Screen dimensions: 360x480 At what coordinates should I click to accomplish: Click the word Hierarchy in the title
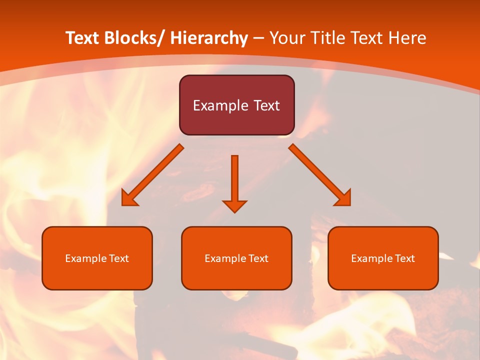click(x=209, y=38)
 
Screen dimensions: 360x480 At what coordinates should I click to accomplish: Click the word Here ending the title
click(x=407, y=38)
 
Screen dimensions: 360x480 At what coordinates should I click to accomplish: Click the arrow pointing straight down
click(x=234, y=180)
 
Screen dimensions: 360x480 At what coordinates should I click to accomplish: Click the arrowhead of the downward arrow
click(x=234, y=206)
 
